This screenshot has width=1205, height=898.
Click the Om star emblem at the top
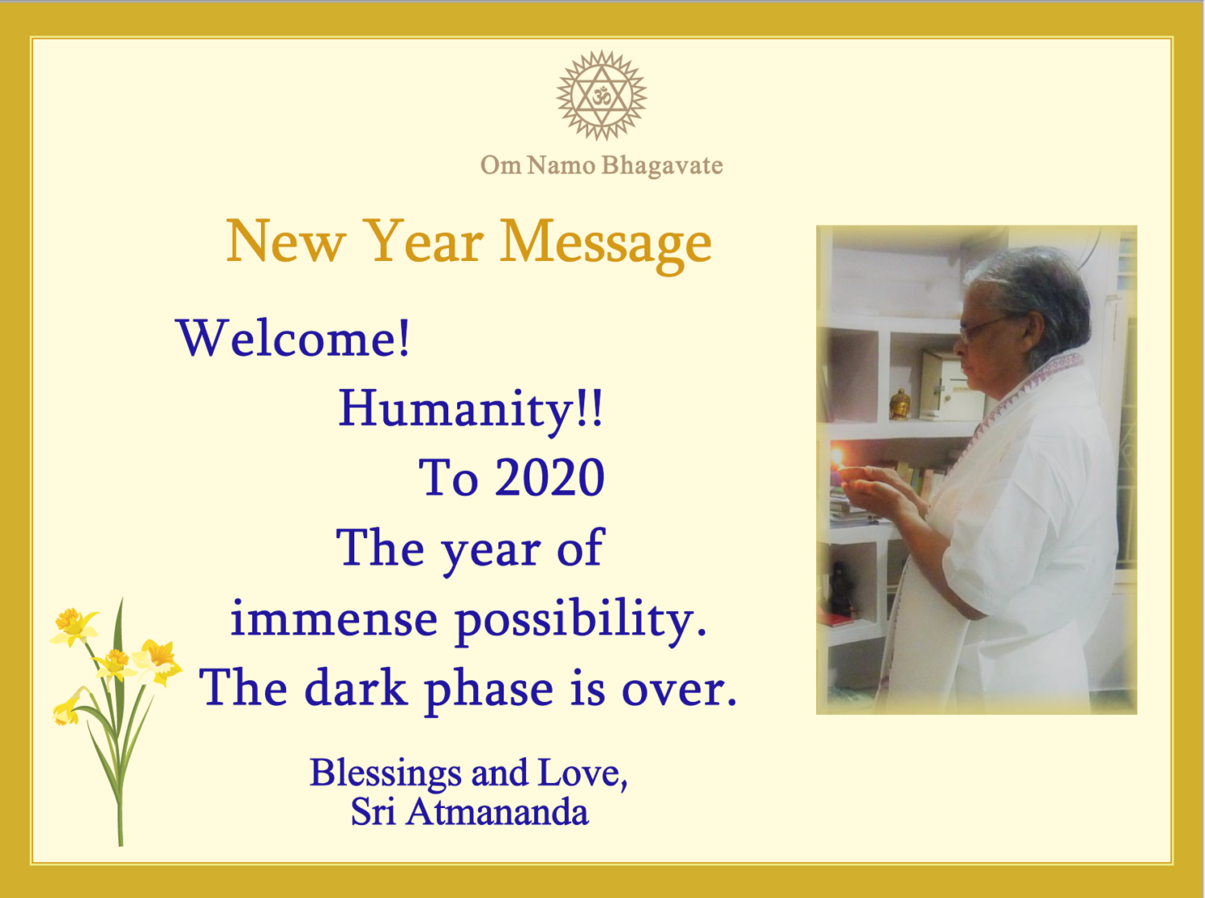pyautogui.click(x=602, y=96)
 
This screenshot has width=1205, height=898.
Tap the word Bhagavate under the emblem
pyautogui.click(x=662, y=165)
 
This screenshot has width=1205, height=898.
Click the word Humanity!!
pyautogui.click(x=471, y=409)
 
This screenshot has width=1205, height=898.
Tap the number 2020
pyautogui.click(x=550, y=478)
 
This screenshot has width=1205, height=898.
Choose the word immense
pyautogui.click(x=333, y=618)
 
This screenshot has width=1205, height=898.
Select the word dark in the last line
pyautogui.click(x=356, y=688)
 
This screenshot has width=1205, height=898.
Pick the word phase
pyautogui.click(x=489, y=692)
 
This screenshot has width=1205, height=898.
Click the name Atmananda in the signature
pyautogui.click(x=497, y=812)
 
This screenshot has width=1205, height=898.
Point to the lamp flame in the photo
pyautogui.click(x=838, y=457)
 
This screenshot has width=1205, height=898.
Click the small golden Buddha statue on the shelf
pyautogui.click(x=899, y=404)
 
